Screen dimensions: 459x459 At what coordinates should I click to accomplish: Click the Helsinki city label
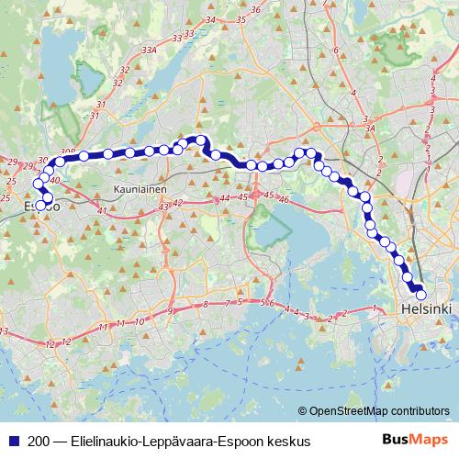click(428, 310)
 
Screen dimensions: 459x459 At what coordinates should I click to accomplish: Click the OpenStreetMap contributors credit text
click(379, 411)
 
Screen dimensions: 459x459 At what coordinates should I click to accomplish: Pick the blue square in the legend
click(11, 442)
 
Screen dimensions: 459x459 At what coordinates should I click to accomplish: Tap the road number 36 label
click(257, 10)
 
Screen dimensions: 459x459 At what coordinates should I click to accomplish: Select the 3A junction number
click(371, 129)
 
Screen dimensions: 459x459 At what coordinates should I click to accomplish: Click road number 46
click(285, 199)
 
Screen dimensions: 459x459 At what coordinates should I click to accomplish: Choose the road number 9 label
click(171, 312)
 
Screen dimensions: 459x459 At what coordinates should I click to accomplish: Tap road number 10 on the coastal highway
click(138, 322)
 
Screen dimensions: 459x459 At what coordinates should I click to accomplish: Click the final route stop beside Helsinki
click(421, 295)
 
